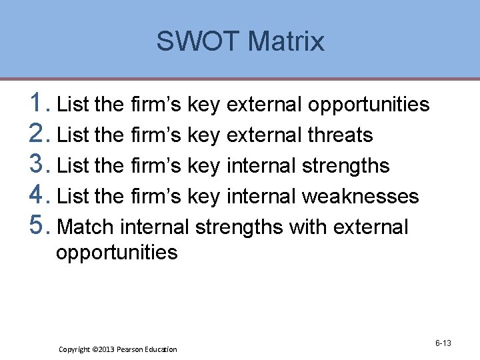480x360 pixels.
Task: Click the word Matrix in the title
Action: coord(285,41)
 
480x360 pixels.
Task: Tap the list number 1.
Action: coord(37,103)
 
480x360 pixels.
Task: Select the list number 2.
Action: coord(38,134)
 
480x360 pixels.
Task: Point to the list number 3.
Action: coord(38,165)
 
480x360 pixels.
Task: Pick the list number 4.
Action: coord(38,195)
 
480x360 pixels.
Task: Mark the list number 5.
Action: coord(38,226)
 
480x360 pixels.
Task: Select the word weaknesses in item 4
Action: coord(360,197)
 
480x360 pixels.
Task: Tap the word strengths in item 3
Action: coord(345,166)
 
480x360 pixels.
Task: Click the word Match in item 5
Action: coord(86,227)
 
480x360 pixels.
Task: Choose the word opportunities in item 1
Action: coord(368,105)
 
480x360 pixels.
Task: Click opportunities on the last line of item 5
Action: coord(117,253)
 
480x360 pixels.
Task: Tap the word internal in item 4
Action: coord(261,197)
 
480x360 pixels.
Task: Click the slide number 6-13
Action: coord(443,343)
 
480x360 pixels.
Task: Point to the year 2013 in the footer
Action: coord(108,349)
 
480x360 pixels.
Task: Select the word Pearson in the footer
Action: coord(132,349)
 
